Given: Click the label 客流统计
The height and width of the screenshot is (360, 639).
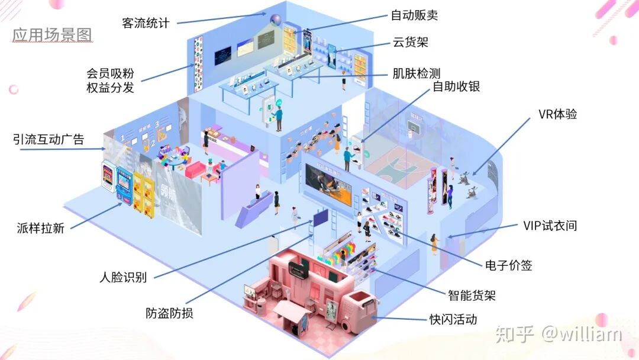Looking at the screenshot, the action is coord(146,23).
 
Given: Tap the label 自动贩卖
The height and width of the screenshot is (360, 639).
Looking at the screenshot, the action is coord(415,15).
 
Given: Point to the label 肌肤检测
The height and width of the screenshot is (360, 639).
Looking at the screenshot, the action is coord(417,73).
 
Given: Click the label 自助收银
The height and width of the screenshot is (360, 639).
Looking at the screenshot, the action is coord(456,86).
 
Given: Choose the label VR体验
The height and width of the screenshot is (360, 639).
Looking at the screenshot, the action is coord(557,114).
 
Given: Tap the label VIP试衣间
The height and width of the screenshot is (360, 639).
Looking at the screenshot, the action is coord(550,225).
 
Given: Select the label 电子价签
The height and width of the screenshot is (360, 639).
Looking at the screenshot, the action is coord(508,265).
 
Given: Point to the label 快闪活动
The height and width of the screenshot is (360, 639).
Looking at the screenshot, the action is coord(453,320).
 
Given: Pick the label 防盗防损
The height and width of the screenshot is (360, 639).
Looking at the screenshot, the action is coord(169,313).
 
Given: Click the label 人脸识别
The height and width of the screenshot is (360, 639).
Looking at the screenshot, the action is coord(122,277).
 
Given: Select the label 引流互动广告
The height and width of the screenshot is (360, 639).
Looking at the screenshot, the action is coord(49,140).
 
